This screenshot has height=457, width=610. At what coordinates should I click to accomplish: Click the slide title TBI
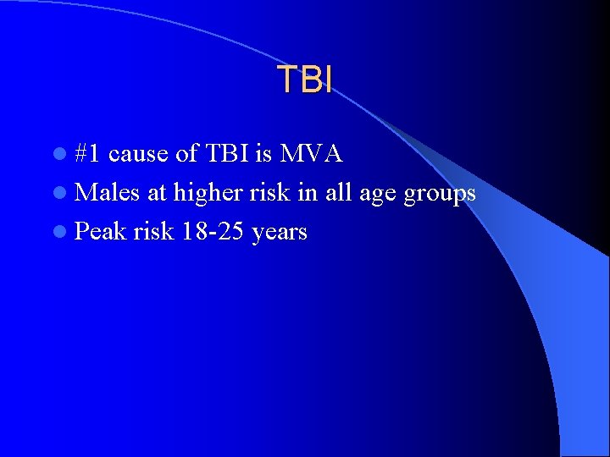coord(305,79)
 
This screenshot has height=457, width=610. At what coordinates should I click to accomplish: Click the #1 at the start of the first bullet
coord(88,154)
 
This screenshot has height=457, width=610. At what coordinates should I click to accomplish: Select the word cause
coord(138,154)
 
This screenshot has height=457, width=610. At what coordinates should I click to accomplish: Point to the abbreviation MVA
coord(311,154)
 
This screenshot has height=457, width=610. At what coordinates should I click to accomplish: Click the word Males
coord(108,193)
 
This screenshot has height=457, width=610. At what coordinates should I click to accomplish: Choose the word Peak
coord(99,232)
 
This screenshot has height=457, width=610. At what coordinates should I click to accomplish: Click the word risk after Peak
coord(152,232)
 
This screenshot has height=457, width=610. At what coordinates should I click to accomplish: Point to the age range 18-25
coord(213,232)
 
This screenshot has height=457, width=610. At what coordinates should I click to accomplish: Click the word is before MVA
coord(263,154)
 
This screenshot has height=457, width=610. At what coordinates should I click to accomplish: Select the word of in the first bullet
coord(186,154)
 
